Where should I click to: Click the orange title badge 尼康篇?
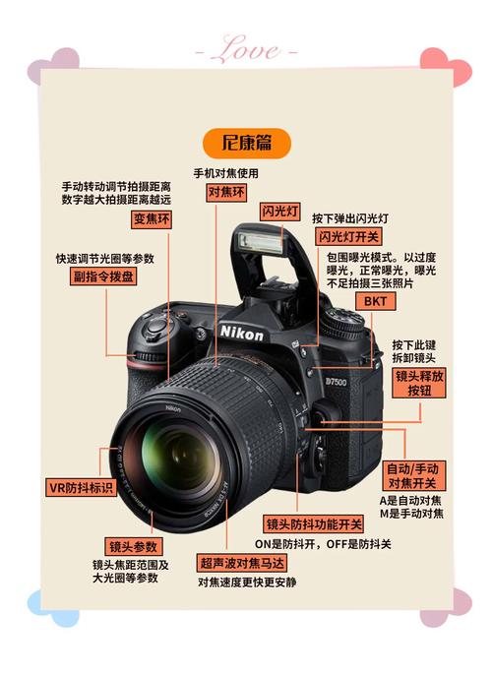[247, 143]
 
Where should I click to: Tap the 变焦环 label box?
[152, 218]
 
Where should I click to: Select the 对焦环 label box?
[226, 193]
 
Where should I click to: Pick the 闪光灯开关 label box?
[347, 237]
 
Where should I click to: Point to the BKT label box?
[375, 301]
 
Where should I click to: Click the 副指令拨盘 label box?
[104, 276]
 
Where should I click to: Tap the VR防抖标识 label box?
[82, 487]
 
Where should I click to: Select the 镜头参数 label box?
[134, 546]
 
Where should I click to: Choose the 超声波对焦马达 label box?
[242, 563]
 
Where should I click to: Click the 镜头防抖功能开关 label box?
[314, 523]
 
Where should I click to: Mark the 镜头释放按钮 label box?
[419, 383]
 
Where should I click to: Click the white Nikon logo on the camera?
[242, 335]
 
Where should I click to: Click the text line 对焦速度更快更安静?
[246, 583]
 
